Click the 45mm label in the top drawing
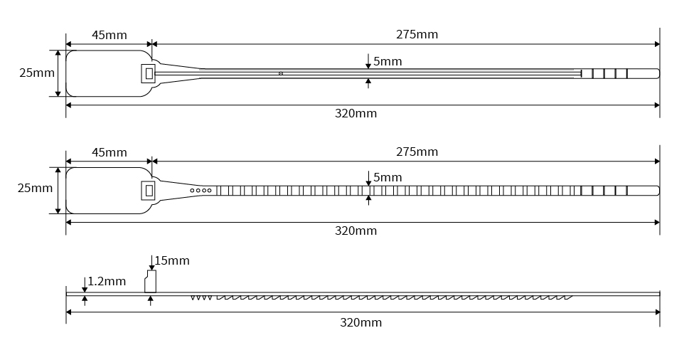point(110,35)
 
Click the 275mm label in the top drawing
point(417,34)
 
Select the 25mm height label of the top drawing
point(37,73)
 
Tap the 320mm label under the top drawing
point(356,114)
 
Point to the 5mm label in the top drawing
point(388,61)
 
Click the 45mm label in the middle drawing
point(110,152)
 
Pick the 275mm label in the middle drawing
point(417,152)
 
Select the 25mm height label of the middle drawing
point(36,188)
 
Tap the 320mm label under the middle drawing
point(356,231)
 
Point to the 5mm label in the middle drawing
point(388,177)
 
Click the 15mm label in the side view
point(172,260)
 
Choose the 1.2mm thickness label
point(107,281)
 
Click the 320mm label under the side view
point(360,322)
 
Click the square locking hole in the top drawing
point(149,73)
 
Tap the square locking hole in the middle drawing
point(149,190)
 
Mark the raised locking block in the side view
point(150,281)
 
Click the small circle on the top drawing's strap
point(281,73)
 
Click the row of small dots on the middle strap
point(201,190)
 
